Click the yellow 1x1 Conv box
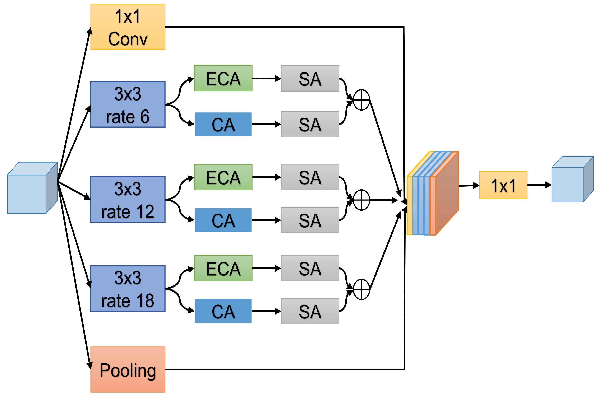(128, 27)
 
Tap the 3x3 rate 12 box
(128, 200)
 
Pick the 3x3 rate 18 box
(128, 289)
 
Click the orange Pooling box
(128, 369)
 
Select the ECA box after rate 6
(223, 78)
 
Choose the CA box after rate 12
(223, 220)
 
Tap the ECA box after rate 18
(223, 268)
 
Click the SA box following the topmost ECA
(310, 79)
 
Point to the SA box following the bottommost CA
(310, 311)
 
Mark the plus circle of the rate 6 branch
(361, 100)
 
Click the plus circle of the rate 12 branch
(361, 200)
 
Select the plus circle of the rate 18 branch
(361, 289)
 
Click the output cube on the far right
(572, 179)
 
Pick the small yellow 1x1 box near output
(503, 185)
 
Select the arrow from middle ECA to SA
(266, 177)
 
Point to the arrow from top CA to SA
(266, 124)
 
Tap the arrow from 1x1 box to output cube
(539, 185)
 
